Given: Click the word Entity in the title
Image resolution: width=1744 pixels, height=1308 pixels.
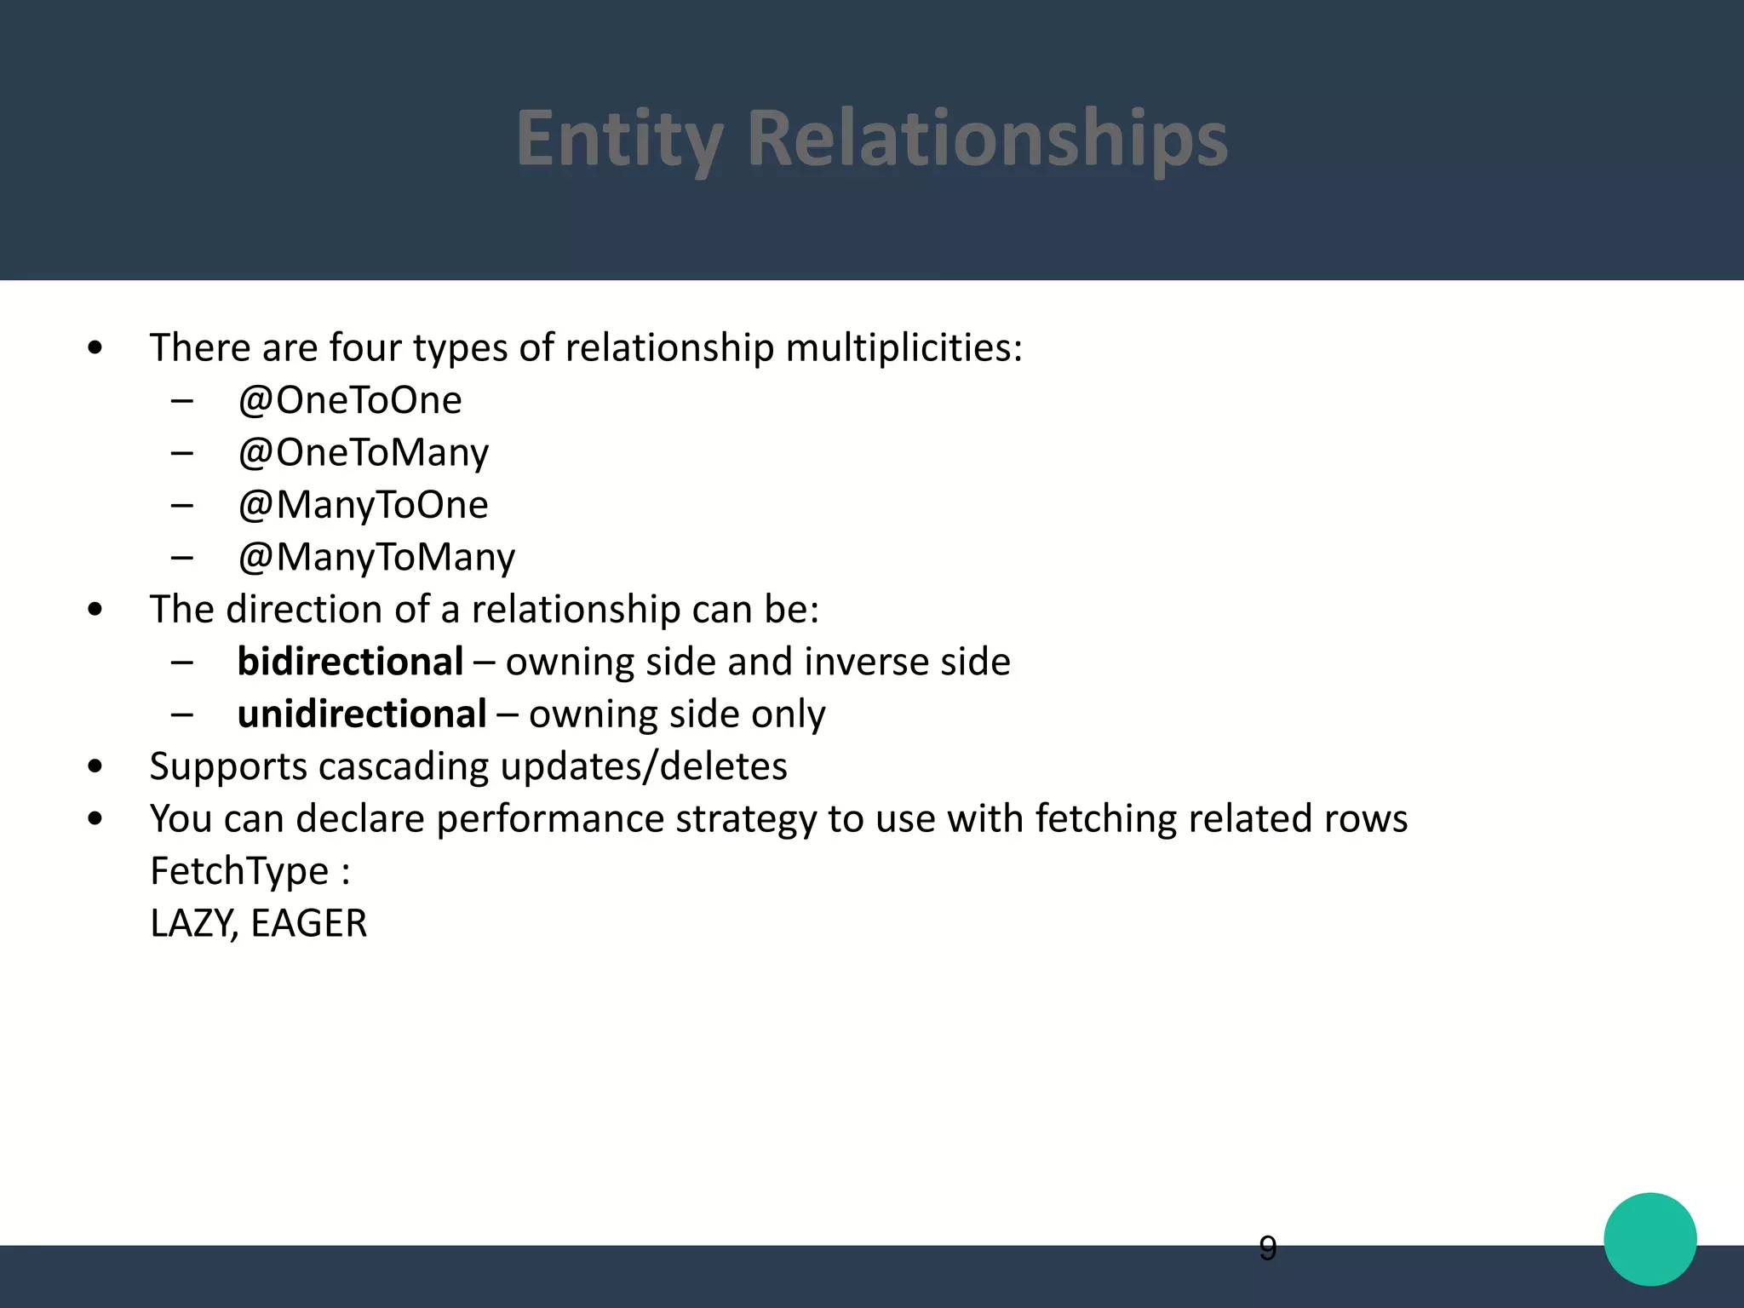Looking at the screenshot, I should tap(620, 138).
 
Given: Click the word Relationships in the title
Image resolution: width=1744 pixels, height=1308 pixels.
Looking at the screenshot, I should tap(987, 138).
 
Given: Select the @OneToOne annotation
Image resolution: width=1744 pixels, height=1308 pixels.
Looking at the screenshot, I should tap(349, 400).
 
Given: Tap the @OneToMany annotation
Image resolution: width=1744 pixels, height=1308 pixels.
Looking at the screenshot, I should tap(363, 452).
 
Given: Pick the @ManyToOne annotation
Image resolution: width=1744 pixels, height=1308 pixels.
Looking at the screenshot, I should tap(363, 505).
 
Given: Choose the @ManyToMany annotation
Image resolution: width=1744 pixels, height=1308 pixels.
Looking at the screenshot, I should tap(376, 557).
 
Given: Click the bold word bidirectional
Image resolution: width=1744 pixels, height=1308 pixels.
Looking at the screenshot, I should tap(350, 662).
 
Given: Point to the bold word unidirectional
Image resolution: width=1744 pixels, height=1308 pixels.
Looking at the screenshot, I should tap(362, 714).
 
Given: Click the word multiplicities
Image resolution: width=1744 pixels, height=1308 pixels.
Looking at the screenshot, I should tap(904, 347).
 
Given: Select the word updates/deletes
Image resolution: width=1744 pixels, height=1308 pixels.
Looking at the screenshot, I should tap(644, 766).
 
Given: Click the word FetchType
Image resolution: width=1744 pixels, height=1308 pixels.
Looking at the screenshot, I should tap(239, 871).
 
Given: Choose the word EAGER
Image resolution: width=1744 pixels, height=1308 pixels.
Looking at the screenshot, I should tap(309, 923).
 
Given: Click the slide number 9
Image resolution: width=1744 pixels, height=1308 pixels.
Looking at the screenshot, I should tap(1267, 1248).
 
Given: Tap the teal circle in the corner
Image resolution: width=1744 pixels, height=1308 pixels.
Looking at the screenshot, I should tap(1649, 1239).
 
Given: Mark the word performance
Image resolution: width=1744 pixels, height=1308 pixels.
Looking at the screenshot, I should tap(549, 819).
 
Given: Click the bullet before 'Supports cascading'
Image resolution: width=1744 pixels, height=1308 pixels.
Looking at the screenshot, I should tap(95, 766).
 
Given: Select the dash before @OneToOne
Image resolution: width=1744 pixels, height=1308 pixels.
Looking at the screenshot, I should tap(181, 400).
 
